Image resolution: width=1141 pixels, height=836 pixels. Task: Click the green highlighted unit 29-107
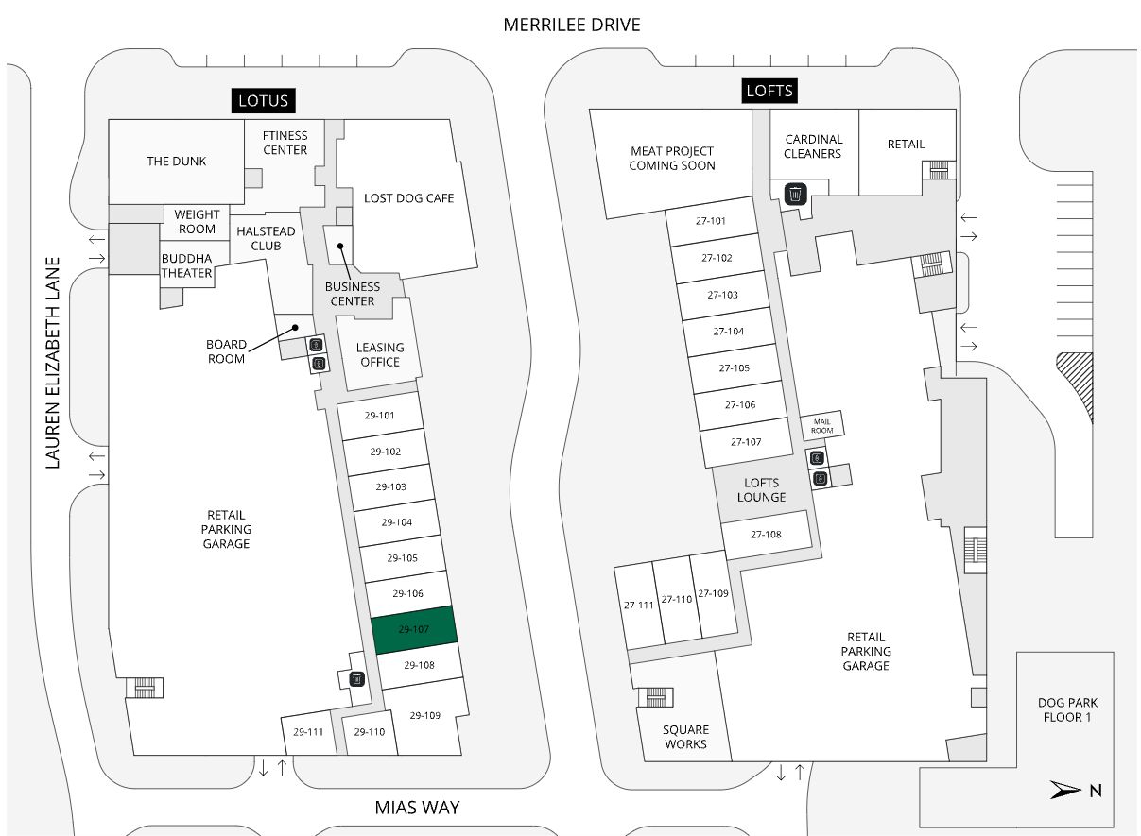pos(415,629)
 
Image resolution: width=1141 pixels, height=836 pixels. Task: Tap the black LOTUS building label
pos(266,101)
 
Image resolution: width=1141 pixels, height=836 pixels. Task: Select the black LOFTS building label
pos(769,91)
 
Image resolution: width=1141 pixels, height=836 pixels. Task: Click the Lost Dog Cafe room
pos(408,198)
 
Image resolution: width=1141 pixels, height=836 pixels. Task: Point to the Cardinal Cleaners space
pos(813,146)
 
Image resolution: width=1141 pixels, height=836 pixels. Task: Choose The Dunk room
pos(176,162)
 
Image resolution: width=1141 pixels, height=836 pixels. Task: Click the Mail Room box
pos(821,426)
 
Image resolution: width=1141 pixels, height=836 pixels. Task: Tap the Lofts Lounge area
pos(761,490)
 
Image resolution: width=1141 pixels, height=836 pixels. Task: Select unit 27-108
pos(766,535)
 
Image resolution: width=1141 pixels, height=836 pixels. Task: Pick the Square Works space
pos(685,737)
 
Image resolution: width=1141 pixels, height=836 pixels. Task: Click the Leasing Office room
pos(379,354)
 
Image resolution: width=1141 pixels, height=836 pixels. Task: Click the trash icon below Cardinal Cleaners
pos(796,194)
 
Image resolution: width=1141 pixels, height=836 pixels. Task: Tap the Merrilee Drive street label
pos(571,25)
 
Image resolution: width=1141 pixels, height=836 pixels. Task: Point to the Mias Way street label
pos(417,808)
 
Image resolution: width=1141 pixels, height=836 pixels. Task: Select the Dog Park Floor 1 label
pos(1067,709)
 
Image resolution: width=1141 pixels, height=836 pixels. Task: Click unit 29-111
pos(308,733)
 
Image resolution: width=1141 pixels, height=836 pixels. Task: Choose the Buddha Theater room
pos(186,265)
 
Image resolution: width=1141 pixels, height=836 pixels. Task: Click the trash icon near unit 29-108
pos(356,678)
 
